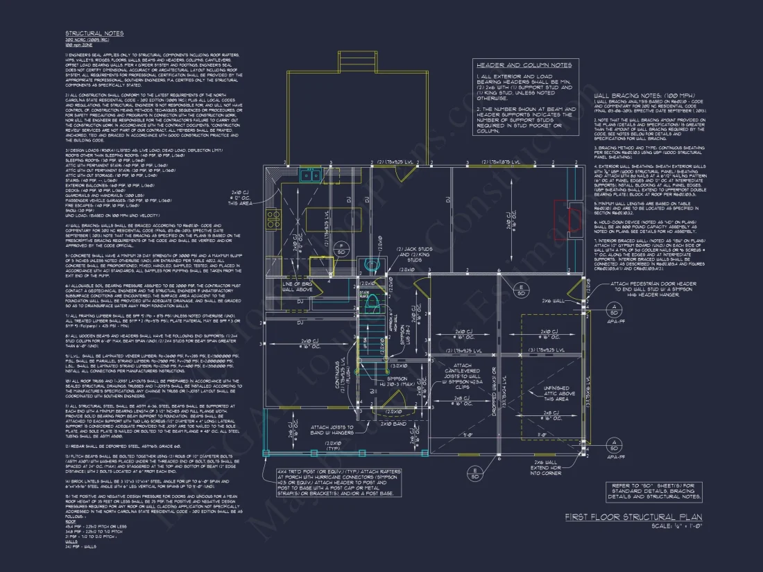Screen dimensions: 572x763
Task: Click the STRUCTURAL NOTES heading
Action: (x=94, y=33)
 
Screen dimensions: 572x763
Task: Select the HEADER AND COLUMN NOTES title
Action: (x=524, y=65)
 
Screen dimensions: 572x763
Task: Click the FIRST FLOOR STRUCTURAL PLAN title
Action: (x=633, y=517)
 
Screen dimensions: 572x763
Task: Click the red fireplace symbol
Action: (x=574, y=220)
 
